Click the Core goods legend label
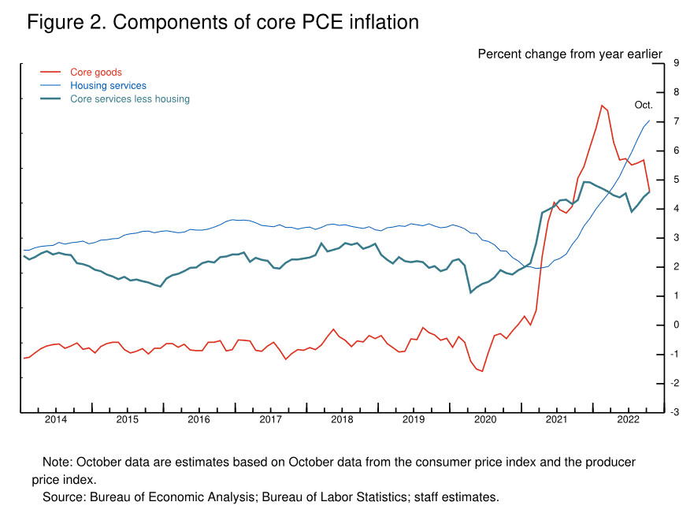pyautogui.click(x=96, y=72)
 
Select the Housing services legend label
pyautogui.click(x=108, y=86)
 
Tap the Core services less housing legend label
pyautogui.click(x=130, y=99)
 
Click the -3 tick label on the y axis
pyautogui.click(x=675, y=412)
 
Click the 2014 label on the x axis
pyautogui.click(x=56, y=419)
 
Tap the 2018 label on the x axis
pyautogui.click(x=342, y=419)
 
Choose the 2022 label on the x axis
pyautogui.click(x=628, y=419)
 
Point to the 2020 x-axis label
pyautogui.click(x=485, y=419)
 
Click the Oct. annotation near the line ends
pyautogui.click(x=644, y=105)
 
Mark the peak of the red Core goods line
pyautogui.click(x=602, y=105)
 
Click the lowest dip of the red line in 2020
pyautogui.click(x=482, y=370)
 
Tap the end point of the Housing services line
pyautogui.click(x=650, y=121)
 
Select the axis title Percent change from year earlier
pyautogui.click(x=570, y=54)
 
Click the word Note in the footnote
pyautogui.click(x=56, y=462)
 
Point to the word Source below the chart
pyautogui.click(x=62, y=496)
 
